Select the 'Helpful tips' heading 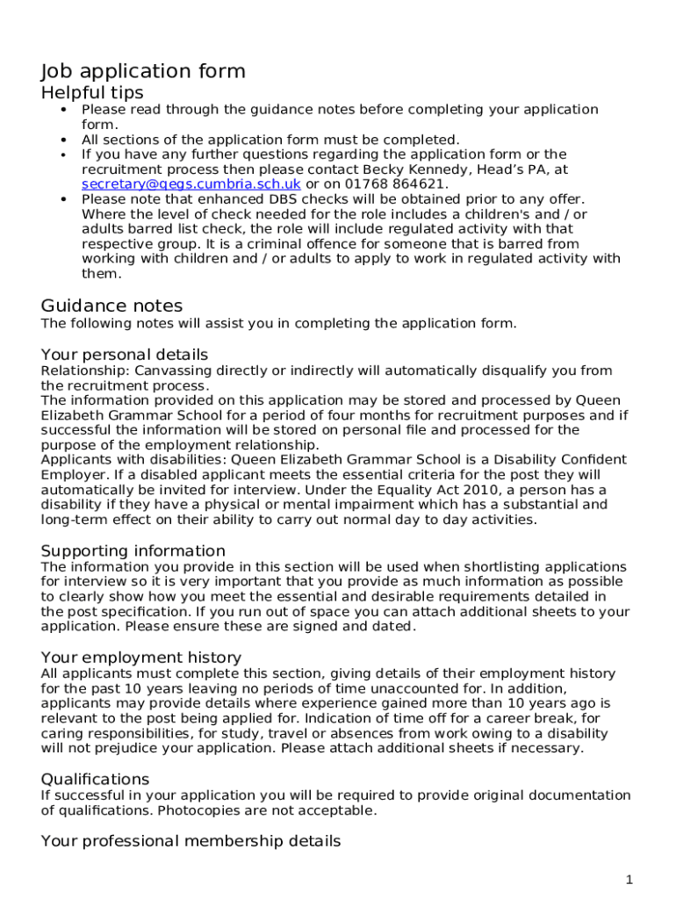(92, 93)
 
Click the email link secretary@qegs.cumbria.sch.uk (191, 184)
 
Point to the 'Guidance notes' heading (111, 306)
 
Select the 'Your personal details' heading (124, 355)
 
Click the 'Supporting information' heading (133, 551)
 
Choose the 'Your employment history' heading (140, 658)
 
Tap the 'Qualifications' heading (95, 780)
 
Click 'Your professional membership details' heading (191, 841)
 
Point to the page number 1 (629, 880)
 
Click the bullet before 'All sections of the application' (64, 140)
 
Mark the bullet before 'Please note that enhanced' (64, 200)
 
